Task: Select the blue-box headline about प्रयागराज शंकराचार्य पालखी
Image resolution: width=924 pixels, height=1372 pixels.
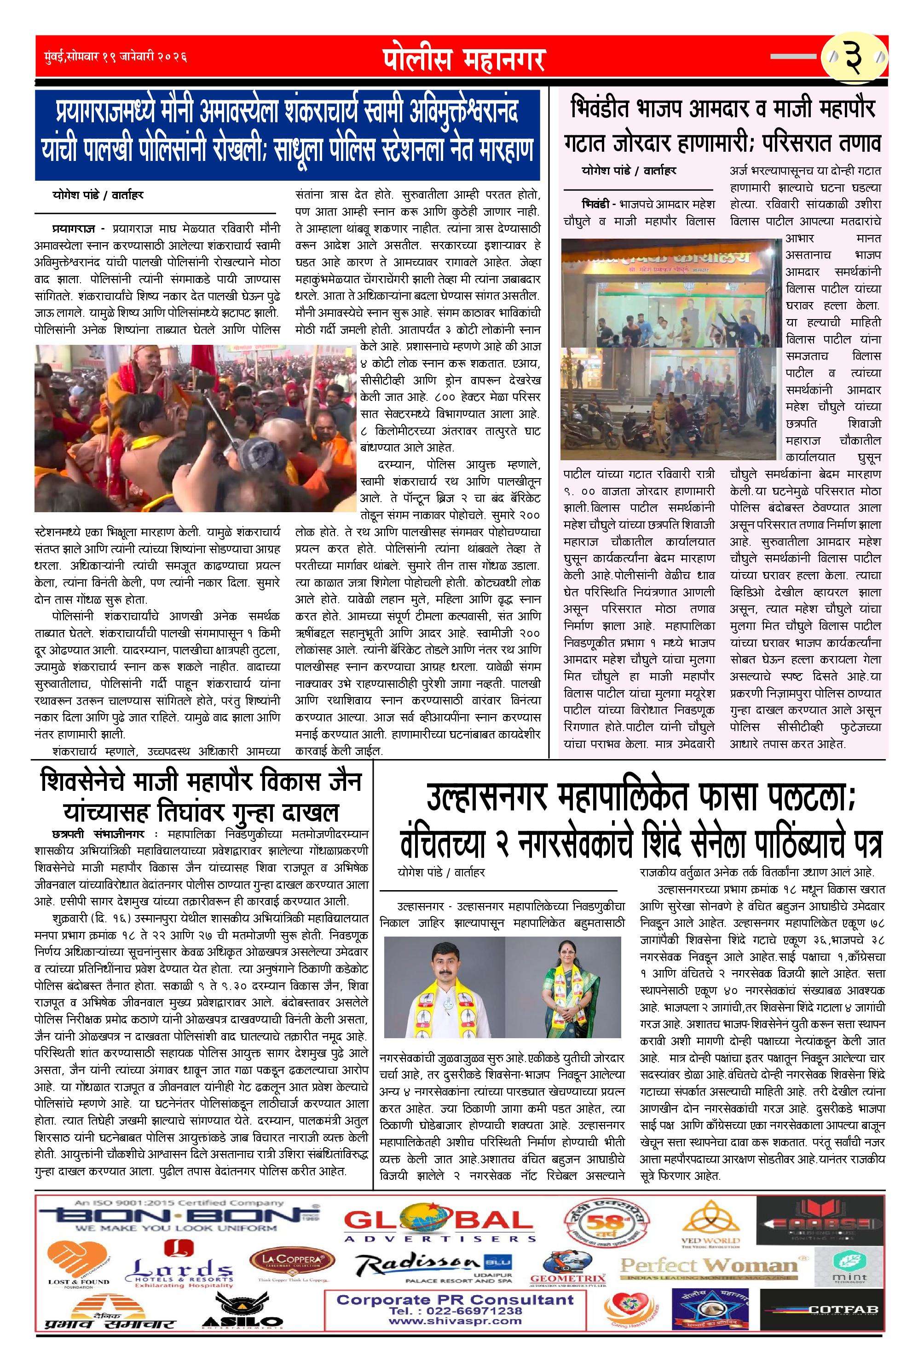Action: [x=288, y=134]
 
